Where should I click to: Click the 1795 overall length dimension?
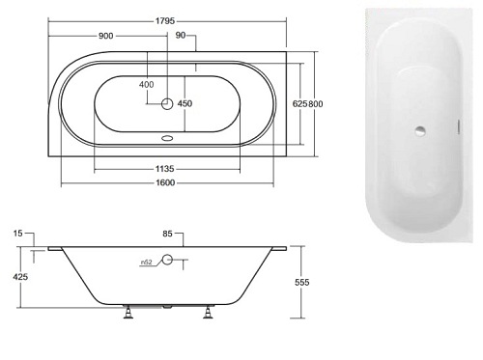pos(165,21)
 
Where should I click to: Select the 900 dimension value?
pos(106,36)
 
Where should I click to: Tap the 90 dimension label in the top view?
pos(181,36)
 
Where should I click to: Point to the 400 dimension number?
pos(147,85)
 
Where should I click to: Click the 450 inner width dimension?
pos(185,103)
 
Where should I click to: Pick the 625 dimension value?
pos(299,104)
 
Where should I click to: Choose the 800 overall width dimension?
pos(315,104)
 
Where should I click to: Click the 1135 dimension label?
pos(164,169)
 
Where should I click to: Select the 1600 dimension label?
pos(165,182)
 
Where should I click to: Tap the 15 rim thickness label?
pos(18,234)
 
